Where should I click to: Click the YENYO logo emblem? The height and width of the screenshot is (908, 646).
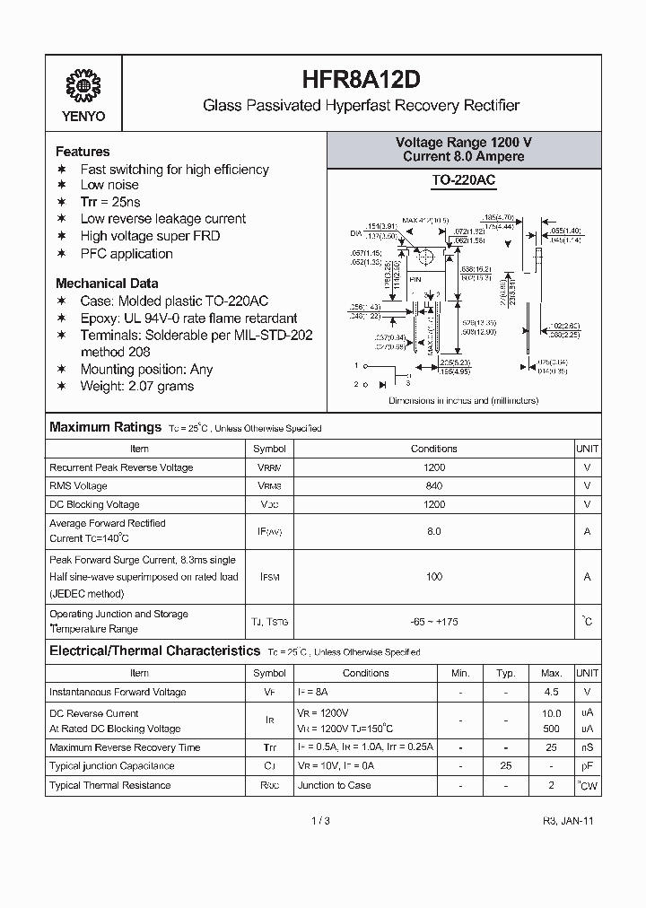point(84,86)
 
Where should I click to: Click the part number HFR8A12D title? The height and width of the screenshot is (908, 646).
point(361,79)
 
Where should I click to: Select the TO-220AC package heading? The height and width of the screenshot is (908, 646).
point(463,180)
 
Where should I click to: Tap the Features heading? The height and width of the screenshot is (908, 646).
point(83,152)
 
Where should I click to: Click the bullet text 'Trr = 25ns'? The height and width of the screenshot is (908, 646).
point(110,202)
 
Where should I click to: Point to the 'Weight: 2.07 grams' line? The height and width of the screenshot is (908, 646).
point(136,386)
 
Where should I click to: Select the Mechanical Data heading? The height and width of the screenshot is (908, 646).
point(107,283)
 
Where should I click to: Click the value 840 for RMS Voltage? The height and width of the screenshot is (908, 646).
point(434,485)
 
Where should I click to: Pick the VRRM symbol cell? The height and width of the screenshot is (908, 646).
point(269,467)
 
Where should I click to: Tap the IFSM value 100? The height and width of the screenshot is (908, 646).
point(434,577)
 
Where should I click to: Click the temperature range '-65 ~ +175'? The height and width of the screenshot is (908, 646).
point(434,621)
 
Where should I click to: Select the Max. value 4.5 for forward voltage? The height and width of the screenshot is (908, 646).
point(551,692)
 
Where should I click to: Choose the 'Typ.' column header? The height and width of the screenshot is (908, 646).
point(506,673)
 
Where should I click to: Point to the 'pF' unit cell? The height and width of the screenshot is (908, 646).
point(587,766)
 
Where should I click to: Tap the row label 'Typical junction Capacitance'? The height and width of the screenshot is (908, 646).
point(111,766)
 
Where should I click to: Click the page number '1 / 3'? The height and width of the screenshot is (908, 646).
point(321,821)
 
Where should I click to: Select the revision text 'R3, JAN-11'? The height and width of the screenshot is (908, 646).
point(568,821)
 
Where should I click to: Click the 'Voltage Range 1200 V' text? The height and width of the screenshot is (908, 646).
point(464,143)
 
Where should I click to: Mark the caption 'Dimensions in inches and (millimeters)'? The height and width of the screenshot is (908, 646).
point(463,400)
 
